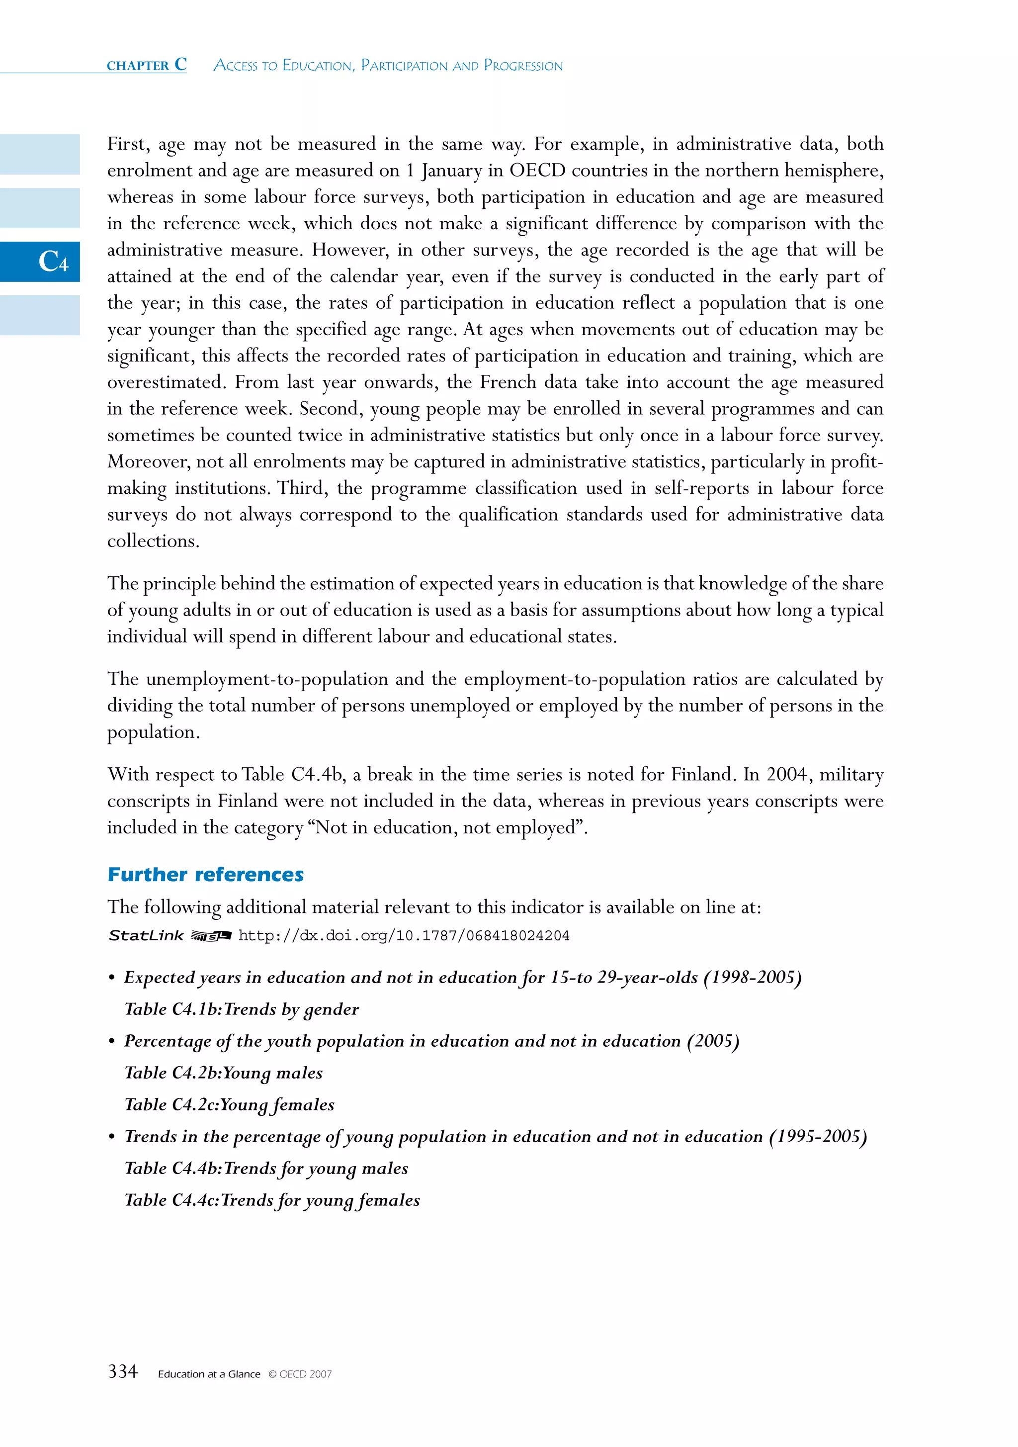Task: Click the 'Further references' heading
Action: click(205, 874)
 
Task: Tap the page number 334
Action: click(123, 1371)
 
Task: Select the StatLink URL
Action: click(403, 935)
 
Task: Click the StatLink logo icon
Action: click(211, 936)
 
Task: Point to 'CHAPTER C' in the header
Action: click(146, 65)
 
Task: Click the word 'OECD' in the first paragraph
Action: click(537, 170)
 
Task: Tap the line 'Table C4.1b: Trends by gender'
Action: click(241, 1009)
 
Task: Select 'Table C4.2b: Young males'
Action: click(224, 1073)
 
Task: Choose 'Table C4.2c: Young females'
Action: click(229, 1104)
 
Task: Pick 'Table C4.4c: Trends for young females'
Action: click(271, 1200)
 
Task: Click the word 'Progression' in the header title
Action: click(523, 66)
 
